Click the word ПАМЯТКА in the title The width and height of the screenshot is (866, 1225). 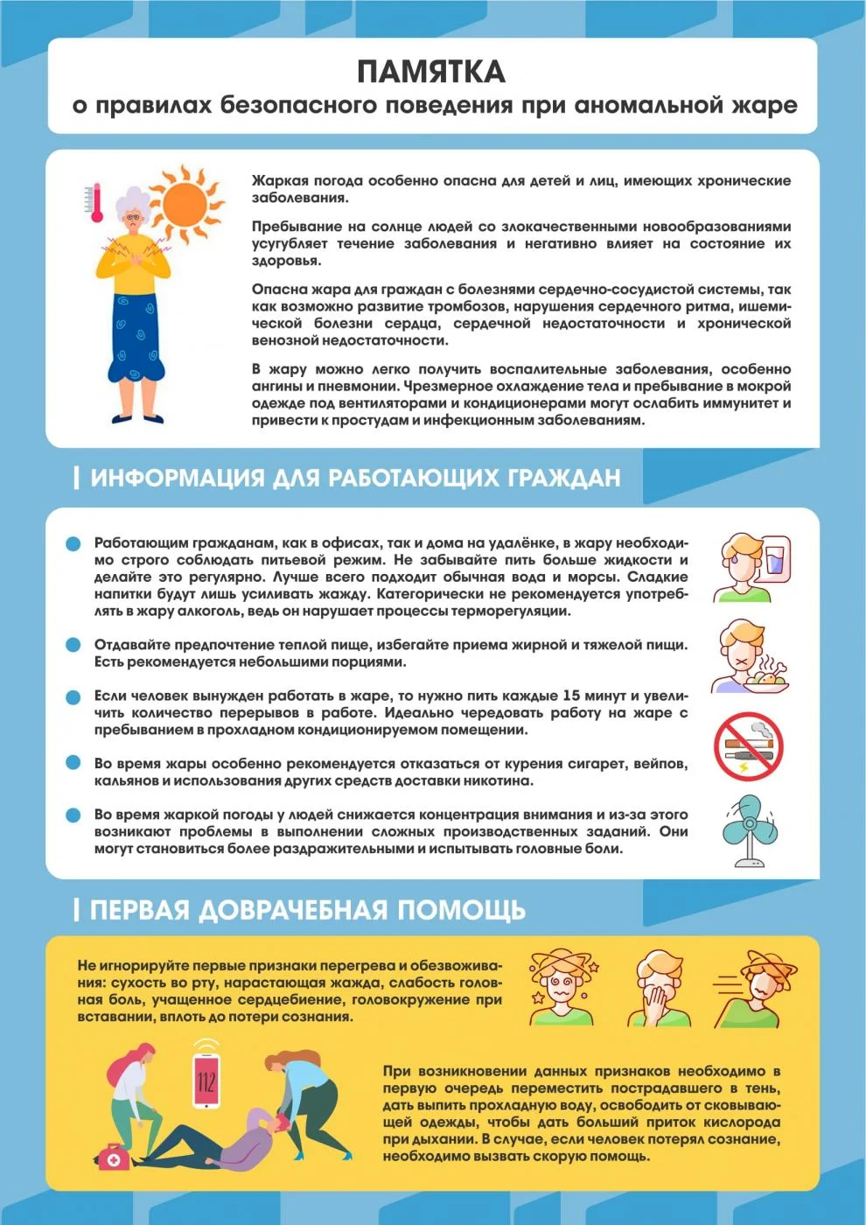pos(431,71)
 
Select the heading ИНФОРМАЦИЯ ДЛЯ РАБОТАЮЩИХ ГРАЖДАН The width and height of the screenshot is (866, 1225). pos(355,478)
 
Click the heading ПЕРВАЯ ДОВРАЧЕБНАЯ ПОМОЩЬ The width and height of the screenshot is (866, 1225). pos(307,910)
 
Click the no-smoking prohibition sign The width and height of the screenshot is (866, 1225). pos(748,746)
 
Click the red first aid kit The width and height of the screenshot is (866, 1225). pos(111,1157)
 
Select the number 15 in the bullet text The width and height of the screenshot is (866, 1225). pos(571,696)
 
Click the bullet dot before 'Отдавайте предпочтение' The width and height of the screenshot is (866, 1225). pos(73,645)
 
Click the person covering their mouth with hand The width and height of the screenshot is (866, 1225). pos(659,989)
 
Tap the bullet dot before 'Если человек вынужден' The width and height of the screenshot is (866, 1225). pos(73,696)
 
